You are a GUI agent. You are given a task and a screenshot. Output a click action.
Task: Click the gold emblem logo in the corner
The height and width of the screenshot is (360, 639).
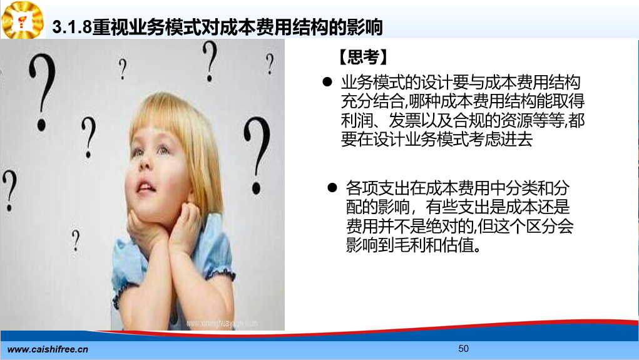click(x=23, y=20)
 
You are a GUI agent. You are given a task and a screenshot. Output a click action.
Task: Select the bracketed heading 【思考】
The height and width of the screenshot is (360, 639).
click(x=363, y=57)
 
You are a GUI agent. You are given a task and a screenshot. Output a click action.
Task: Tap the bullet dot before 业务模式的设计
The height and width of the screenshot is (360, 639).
click(x=327, y=82)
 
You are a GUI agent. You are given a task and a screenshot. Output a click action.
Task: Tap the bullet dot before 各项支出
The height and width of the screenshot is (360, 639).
click(x=332, y=188)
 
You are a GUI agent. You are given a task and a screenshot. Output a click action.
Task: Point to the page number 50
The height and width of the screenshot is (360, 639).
click(x=463, y=349)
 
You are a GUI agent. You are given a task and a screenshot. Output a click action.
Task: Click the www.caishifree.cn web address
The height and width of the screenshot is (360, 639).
click(x=48, y=349)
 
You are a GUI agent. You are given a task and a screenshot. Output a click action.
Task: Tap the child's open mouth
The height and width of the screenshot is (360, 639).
click(x=145, y=187)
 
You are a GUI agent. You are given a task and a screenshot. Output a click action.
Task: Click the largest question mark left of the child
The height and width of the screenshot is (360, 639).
click(x=43, y=92)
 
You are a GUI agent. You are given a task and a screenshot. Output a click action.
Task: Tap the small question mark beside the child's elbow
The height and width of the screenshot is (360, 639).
click(x=76, y=240)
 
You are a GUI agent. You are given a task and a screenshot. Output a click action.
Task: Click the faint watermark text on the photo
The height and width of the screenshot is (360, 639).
click(x=222, y=323)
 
